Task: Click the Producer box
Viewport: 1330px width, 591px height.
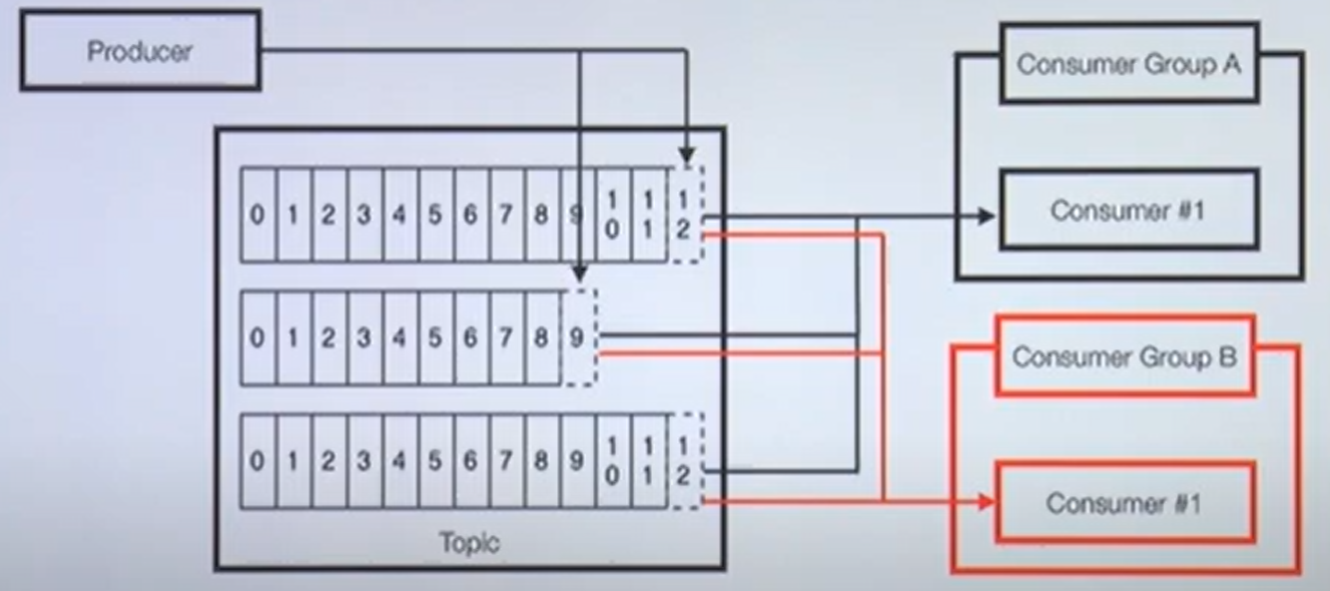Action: pyautogui.click(x=140, y=50)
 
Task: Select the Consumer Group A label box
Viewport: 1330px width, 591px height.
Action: pyautogui.click(x=1128, y=65)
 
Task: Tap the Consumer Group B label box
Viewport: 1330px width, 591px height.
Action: pyautogui.click(x=1124, y=356)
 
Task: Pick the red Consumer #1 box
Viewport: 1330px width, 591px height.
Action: pyautogui.click(x=1124, y=502)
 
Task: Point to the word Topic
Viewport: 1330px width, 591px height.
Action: pyautogui.click(x=469, y=543)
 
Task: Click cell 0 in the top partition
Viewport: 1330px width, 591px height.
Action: pyautogui.click(x=258, y=216)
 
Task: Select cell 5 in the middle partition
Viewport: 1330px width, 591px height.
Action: pyautogui.click(x=435, y=338)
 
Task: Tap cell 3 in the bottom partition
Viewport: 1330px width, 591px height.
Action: pyautogui.click(x=364, y=462)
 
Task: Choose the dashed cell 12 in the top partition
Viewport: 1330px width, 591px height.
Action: pyautogui.click(x=685, y=216)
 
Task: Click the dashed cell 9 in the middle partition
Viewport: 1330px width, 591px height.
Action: pyautogui.click(x=578, y=338)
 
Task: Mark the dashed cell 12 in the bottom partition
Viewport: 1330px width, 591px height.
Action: pyautogui.click(x=685, y=462)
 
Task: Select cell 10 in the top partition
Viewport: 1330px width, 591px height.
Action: pyautogui.click(x=612, y=216)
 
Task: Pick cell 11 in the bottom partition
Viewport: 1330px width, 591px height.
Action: pyautogui.click(x=649, y=462)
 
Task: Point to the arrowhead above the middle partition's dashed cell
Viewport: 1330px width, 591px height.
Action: pyautogui.click(x=579, y=271)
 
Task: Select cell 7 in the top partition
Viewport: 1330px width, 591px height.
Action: pyautogui.click(x=506, y=216)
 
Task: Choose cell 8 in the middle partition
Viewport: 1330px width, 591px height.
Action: pyautogui.click(x=541, y=338)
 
